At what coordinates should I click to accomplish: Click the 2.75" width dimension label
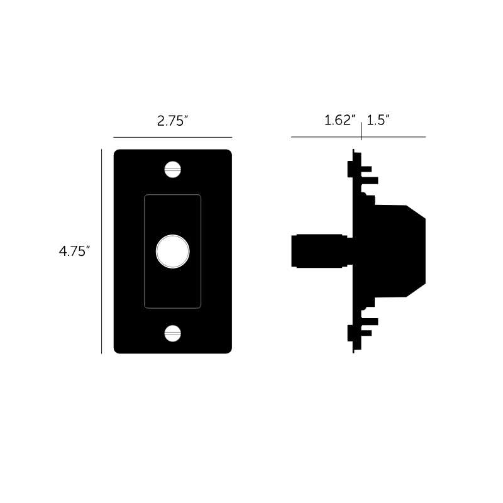coord(173,121)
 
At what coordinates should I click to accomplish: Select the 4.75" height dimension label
coord(75,251)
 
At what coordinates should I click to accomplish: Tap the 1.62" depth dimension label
coord(340,121)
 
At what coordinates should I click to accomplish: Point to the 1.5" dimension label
coord(379,121)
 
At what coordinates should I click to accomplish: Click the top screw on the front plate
coord(172,169)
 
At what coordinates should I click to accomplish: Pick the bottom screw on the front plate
coord(172,333)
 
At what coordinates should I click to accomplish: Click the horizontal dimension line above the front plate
coord(172,137)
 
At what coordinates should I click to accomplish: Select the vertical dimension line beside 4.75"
coord(102,251)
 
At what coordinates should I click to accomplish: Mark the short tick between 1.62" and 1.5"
coord(362,131)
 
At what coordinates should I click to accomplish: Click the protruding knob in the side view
coord(318,251)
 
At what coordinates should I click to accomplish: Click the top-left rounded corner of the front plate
coord(117,153)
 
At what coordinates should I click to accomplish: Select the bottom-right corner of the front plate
coord(228,350)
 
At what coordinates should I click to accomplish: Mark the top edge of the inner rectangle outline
coord(172,196)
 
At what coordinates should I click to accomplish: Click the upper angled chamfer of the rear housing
coord(417,211)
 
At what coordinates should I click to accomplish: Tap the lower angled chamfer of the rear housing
coord(417,290)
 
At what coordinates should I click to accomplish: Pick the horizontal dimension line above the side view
coord(327,137)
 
